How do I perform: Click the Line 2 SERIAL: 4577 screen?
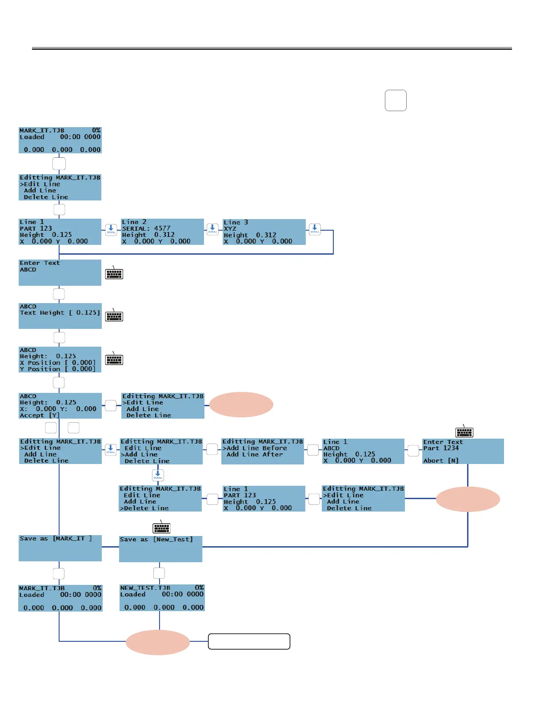pyautogui.click(x=162, y=232)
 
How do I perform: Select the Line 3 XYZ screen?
pyautogui.click(x=264, y=232)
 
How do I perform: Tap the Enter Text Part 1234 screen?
pyautogui.click(x=463, y=451)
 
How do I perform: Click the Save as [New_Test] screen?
pyautogui.click(x=160, y=549)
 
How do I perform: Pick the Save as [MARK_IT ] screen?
pyautogui.click(x=60, y=548)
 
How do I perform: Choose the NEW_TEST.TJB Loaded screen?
pyautogui.click(x=162, y=598)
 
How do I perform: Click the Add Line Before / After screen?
pyautogui.click(x=262, y=452)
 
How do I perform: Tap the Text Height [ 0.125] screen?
pyautogui.click(x=60, y=316)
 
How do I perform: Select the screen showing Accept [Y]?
pyautogui.click(x=60, y=406)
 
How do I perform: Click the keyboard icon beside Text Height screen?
pyautogui.click(x=114, y=316)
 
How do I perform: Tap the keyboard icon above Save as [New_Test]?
pyautogui.click(x=161, y=528)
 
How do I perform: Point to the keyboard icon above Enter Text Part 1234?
pyautogui.click(x=464, y=432)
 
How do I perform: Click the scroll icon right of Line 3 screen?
pyautogui.click(x=315, y=229)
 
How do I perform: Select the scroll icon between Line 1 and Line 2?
pyautogui.click(x=111, y=229)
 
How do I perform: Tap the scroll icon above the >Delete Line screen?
pyautogui.click(x=158, y=476)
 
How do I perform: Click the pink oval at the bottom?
pyautogui.click(x=158, y=642)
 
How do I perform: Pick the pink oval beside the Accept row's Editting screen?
pyautogui.click(x=241, y=404)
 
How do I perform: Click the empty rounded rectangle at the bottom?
pyautogui.click(x=249, y=641)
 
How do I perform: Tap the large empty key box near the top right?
pyautogui.click(x=396, y=100)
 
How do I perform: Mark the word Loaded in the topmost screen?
pyautogui.click(x=32, y=137)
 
